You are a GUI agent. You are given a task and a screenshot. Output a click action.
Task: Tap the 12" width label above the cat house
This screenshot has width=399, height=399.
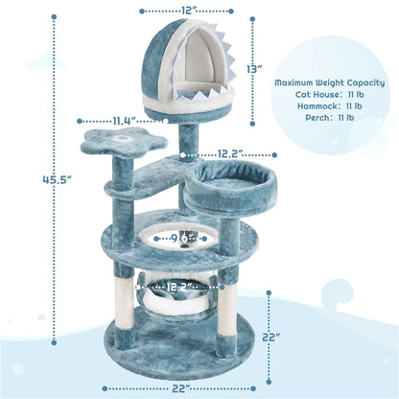(188, 12)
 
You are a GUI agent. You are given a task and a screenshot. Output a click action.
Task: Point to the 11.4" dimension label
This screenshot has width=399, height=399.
(123, 121)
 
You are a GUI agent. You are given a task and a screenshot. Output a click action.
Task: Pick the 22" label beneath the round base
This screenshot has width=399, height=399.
(181, 387)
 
